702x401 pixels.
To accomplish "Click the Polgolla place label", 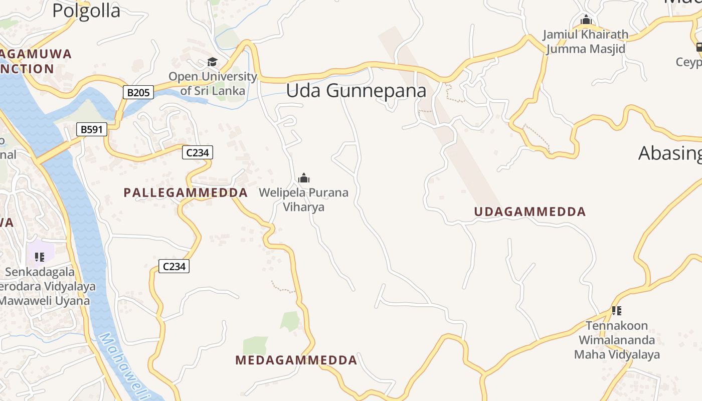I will pyautogui.click(x=86, y=11).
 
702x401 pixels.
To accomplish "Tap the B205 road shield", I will pyautogui.click(x=138, y=92).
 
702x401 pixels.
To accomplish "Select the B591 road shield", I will pyautogui.click(x=92, y=130).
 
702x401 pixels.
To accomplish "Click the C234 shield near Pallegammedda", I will pyautogui.click(x=198, y=152).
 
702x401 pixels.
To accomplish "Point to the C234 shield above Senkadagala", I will pyautogui.click(x=174, y=267).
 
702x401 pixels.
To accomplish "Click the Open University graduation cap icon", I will pyautogui.click(x=212, y=62).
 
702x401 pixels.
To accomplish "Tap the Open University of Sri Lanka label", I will pyautogui.click(x=213, y=84).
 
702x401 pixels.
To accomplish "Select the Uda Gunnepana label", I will pyautogui.click(x=356, y=91).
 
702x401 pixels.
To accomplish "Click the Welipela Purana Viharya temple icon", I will pyautogui.click(x=303, y=178).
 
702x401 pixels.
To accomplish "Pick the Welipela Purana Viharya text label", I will pyautogui.click(x=303, y=199).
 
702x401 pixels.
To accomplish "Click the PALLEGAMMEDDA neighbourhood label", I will pyautogui.click(x=186, y=192).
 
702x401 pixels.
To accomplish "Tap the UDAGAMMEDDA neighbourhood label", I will pyautogui.click(x=530, y=212).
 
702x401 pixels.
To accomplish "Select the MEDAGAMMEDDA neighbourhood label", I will pyautogui.click(x=296, y=360).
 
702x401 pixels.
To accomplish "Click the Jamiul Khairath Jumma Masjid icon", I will pyautogui.click(x=586, y=20).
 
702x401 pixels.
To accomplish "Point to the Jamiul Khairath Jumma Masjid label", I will pyautogui.click(x=586, y=42).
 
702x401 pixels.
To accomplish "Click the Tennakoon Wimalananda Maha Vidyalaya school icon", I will pyautogui.click(x=616, y=311).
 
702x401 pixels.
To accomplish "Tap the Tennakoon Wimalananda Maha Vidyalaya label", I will pyautogui.click(x=617, y=340).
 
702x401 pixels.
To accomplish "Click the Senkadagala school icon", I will pyautogui.click(x=40, y=257).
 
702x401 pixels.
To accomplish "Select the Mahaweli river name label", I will pyautogui.click(x=123, y=366).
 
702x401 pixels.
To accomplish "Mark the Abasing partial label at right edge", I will pyautogui.click(x=670, y=153).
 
